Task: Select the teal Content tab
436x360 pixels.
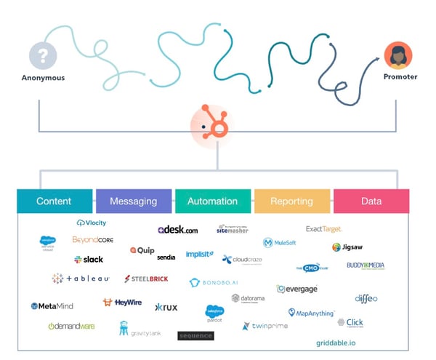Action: coord(54,201)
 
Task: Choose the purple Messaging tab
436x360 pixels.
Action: coord(134,201)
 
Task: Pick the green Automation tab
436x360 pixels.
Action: coord(213,201)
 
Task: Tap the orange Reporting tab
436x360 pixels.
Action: coord(292,201)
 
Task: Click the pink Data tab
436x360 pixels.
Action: coord(371,201)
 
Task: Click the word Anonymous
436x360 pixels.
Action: coord(42,78)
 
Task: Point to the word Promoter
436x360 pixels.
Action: coord(399,77)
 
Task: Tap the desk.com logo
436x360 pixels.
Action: coord(177,230)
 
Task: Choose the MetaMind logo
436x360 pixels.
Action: coord(52,306)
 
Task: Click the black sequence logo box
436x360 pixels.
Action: coord(195,335)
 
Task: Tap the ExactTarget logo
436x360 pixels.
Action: coord(324,229)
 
